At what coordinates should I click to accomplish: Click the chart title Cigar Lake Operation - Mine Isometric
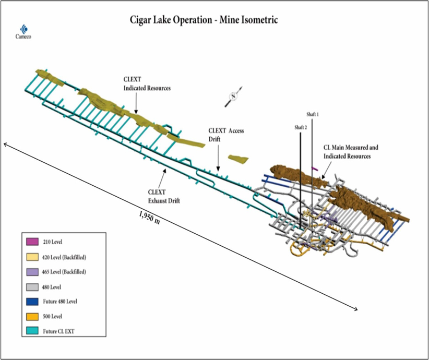pyautogui.click(x=204, y=20)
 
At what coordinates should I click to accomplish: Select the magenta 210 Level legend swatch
pyautogui.click(x=33, y=242)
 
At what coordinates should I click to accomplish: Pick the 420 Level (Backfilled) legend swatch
pyautogui.click(x=33, y=257)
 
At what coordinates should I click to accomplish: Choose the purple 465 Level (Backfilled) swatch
pyautogui.click(x=33, y=272)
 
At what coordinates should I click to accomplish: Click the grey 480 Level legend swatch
pyautogui.click(x=33, y=286)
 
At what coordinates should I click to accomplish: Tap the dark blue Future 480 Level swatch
pyautogui.click(x=33, y=301)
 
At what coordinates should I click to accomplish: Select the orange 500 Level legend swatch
pyautogui.click(x=33, y=316)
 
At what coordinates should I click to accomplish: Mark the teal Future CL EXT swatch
pyautogui.click(x=33, y=331)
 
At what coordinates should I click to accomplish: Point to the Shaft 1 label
pyautogui.click(x=313, y=113)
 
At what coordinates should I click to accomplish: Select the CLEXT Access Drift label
pyautogui.click(x=226, y=135)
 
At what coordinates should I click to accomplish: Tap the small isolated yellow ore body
pyautogui.click(x=238, y=158)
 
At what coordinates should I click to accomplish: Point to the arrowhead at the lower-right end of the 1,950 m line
pyautogui.click(x=356, y=310)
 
